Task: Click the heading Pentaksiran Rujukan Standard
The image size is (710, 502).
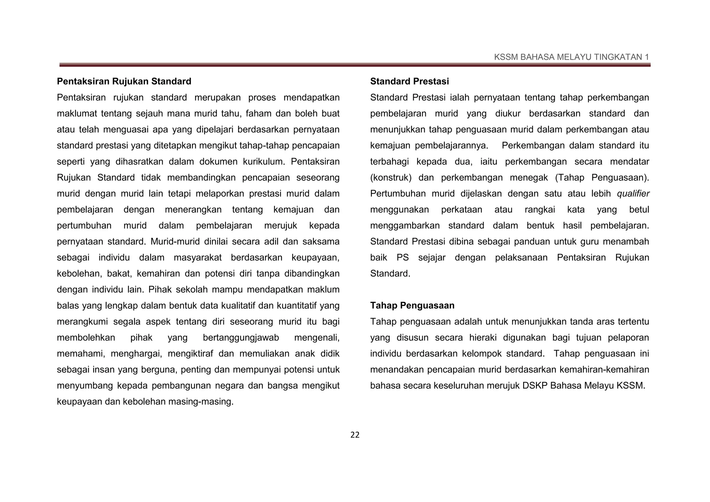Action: (124, 81)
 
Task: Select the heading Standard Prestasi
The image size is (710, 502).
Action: (409, 81)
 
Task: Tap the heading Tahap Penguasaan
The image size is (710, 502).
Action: (412, 305)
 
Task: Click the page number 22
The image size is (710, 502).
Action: (355, 435)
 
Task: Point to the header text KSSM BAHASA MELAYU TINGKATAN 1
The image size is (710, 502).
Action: (571, 57)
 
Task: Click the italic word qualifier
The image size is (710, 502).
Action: (633, 194)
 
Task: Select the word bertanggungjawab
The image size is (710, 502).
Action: (241, 338)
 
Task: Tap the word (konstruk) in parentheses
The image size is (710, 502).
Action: (391, 178)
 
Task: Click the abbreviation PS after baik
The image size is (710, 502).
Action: (402, 258)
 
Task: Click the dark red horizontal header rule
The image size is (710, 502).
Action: (355, 65)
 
